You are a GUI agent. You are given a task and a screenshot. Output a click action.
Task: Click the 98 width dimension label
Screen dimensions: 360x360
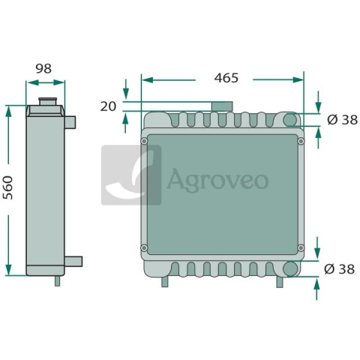point(43,68)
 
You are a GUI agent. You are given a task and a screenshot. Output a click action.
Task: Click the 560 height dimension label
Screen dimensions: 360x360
point(7,187)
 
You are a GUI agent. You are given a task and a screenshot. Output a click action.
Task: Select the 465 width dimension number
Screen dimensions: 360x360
point(226,78)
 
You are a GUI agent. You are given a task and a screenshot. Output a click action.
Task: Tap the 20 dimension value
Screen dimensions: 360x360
point(108,106)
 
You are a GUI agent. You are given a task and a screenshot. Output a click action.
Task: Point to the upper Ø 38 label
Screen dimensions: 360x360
point(342,120)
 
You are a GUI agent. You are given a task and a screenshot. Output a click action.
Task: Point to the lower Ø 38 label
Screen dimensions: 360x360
point(339,269)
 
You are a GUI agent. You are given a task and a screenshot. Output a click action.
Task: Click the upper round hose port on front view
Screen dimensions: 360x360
point(290,120)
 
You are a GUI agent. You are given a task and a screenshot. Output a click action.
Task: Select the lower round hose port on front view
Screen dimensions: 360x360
point(290,268)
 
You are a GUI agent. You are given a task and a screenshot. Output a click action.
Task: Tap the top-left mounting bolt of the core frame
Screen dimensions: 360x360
point(144,141)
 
